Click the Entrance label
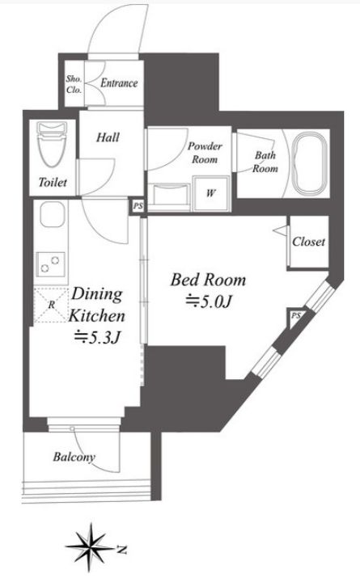pyautogui.click(x=119, y=83)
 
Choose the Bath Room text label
pyautogui.click(x=265, y=162)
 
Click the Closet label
pyautogui.click(x=308, y=241)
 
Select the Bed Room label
pyautogui.click(x=207, y=280)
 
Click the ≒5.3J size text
pyautogui.click(x=96, y=337)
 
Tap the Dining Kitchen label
pyautogui.click(x=95, y=304)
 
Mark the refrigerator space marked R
pyautogui.click(x=50, y=304)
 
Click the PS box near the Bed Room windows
pyautogui.click(x=295, y=315)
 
